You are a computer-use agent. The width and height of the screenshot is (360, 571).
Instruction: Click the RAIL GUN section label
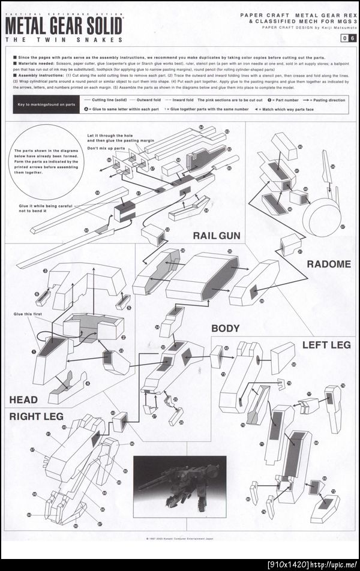[x=216, y=236]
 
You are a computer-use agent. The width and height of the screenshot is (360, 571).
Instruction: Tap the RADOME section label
[x=328, y=263]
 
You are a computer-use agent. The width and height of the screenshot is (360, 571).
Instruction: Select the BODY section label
[x=225, y=328]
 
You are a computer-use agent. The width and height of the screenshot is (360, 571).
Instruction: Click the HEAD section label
[x=23, y=399]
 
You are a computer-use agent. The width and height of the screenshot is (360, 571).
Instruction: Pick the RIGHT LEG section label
[x=36, y=415]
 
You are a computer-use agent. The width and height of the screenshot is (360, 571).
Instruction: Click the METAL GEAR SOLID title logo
[x=64, y=26]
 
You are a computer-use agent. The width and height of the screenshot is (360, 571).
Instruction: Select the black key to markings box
[x=46, y=104]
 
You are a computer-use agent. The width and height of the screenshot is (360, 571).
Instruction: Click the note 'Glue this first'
[x=27, y=314]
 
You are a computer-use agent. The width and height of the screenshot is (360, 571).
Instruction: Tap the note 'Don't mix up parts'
[x=106, y=148]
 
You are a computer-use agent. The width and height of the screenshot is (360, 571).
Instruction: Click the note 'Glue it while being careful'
[x=43, y=208]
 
